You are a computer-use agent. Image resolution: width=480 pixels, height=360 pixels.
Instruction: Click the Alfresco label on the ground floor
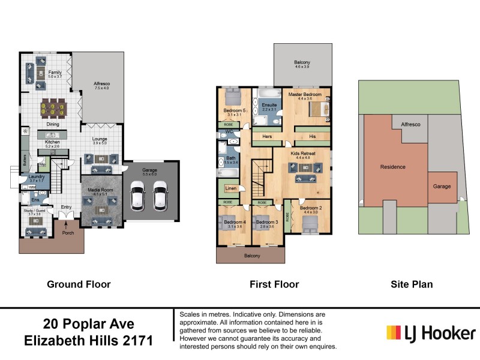[x=101, y=83]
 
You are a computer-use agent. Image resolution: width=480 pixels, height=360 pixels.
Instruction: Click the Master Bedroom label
[x=305, y=94]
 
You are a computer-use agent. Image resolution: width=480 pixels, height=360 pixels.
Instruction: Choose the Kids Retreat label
[x=302, y=153]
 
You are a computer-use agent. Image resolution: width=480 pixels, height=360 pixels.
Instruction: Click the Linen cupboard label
[x=231, y=188]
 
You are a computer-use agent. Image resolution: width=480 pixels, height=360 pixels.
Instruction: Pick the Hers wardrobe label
[x=268, y=136]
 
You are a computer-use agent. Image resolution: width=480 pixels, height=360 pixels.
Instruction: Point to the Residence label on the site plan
[x=392, y=167]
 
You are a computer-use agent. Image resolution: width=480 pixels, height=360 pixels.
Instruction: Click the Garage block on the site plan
[x=442, y=187]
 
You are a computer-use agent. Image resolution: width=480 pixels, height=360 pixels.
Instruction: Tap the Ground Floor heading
[x=79, y=284]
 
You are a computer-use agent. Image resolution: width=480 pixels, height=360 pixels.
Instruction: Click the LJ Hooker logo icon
[x=394, y=333]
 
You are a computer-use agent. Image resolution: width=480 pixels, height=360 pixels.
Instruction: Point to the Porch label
[x=68, y=232]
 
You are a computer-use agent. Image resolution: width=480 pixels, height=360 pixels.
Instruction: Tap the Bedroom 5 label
[x=235, y=110]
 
